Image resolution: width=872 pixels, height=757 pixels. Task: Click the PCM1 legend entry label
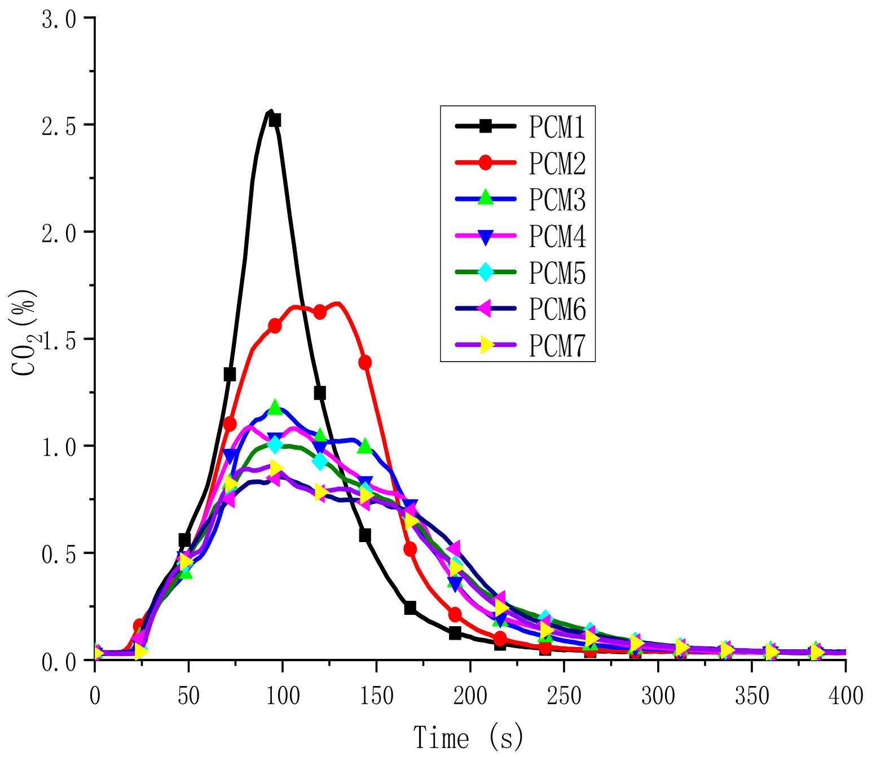(557, 127)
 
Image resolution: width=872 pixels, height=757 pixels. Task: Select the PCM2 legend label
(557, 164)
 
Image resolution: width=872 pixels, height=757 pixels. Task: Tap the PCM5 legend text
(557, 272)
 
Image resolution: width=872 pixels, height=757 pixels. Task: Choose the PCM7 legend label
(557, 345)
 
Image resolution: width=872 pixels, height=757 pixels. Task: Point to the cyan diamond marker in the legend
(486, 271)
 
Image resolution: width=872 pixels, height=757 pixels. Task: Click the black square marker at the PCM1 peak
(275, 120)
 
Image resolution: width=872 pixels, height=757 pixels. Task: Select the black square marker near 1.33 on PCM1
(230, 374)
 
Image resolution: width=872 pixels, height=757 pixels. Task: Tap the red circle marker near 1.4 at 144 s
(365, 362)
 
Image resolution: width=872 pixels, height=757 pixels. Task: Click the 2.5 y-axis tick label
(59, 126)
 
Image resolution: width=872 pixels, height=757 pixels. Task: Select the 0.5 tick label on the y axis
(59, 554)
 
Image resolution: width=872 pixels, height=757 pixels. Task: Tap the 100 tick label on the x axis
(282, 696)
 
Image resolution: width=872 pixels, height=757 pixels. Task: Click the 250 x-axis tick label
(564, 696)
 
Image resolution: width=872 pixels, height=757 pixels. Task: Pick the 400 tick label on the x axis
(845, 696)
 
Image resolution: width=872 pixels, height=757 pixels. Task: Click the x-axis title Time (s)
(469, 737)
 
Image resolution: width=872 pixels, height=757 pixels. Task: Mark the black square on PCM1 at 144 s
(365, 535)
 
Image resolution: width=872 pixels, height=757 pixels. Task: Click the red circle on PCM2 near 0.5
(410, 548)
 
